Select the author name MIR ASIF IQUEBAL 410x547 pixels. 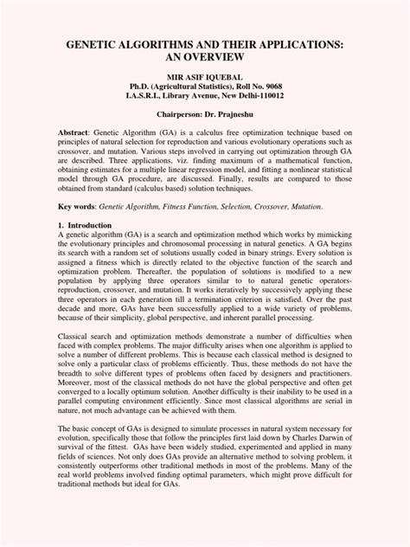click(206, 77)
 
